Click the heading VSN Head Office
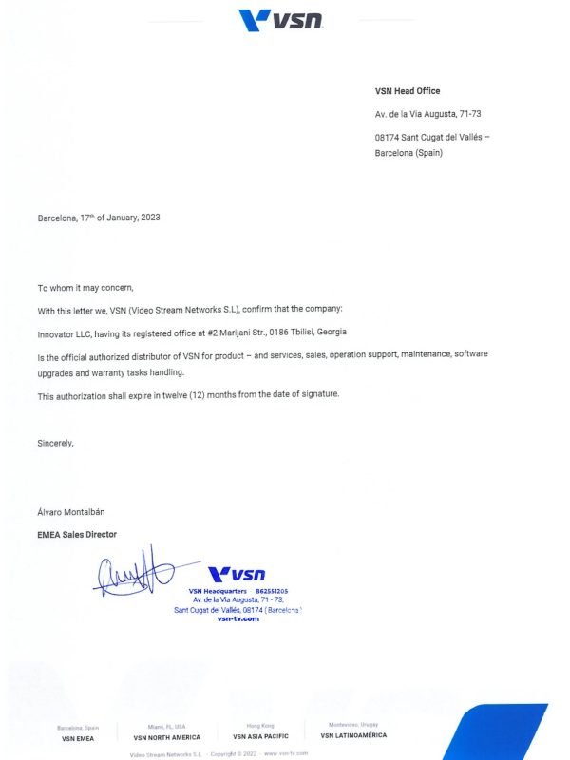click(x=408, y=91)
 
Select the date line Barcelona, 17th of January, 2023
click(x=99, y=218)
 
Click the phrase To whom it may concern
click(x=85, y=287)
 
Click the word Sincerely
click(x=56, y=442)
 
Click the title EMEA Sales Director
click(x=77, y=535)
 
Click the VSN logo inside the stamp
click(x=237, y=574)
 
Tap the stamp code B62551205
click(x=271, y=591)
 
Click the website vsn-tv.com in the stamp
click(x=237, y=618)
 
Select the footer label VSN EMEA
click(x=79, y=737)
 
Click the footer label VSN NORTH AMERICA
click(x=167, y=737)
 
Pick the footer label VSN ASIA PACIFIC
click(x=260, y=736)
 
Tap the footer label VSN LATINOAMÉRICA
click(x=353, y=735)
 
